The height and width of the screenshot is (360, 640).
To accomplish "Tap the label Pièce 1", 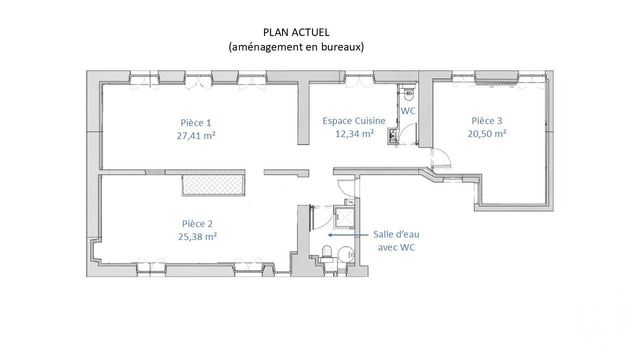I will click(196, 122).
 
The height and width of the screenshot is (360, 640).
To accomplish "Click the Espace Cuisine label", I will click(348, 120).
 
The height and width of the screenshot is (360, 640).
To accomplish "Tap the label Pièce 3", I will click(487, 120).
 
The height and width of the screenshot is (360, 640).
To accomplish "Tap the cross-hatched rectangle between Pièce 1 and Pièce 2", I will click(211, 183).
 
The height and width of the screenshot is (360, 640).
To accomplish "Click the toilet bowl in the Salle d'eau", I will click(326, 250).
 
